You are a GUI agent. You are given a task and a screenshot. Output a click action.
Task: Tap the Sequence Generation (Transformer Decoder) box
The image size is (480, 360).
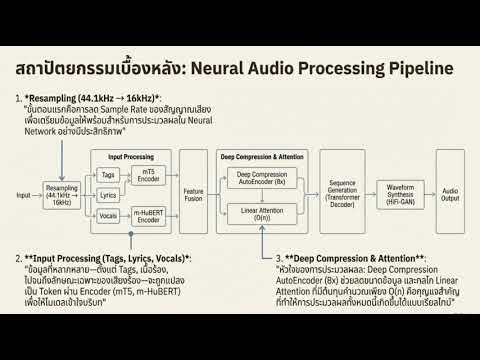pyautogui.click(x=343, y=193)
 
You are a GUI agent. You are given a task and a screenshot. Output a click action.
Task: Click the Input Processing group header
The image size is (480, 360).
pyautogui.click(x=131, y=156)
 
